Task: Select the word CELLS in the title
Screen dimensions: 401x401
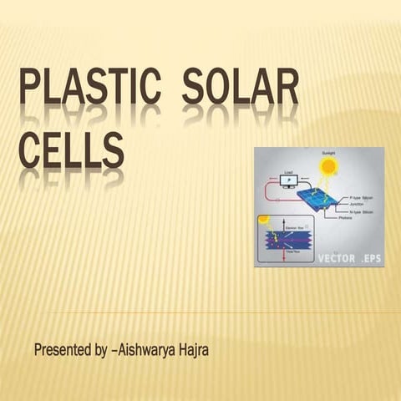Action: coord(71,155)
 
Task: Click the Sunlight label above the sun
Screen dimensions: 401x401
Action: coord(328,154)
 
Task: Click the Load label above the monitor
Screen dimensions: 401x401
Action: coord(289,173)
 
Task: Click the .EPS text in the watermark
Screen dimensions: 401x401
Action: coord(370,258)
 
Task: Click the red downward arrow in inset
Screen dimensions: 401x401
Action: coord(285,254)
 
